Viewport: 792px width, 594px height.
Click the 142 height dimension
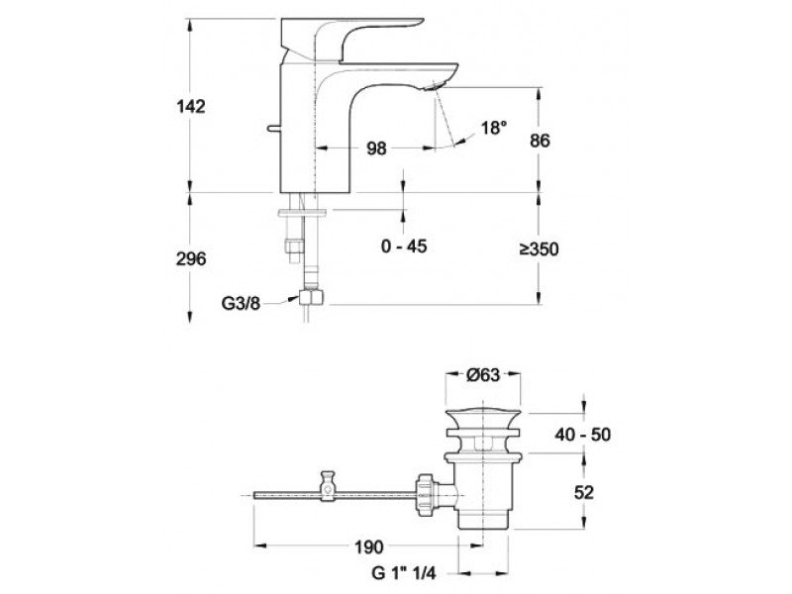click(x=191, y=107)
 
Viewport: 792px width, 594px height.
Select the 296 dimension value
click(x=191, y=258)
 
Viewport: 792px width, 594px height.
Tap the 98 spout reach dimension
click(x=376, y=148)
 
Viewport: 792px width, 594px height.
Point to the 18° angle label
click(x=493, y=128)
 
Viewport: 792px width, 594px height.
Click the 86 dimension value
click(x=540, y=141)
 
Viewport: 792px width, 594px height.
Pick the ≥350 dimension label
click(x=540, y=249)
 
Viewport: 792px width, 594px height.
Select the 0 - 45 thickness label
click(x=404, y=246)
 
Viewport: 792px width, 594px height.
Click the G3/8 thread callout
click(x=241, y=303)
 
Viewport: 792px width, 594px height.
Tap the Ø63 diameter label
click(x=482, y=375)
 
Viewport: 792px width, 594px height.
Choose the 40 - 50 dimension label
click(x=582, y=435)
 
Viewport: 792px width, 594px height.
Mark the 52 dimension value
click(x=583, y=492)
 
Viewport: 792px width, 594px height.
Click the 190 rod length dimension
click(x=368, y=546)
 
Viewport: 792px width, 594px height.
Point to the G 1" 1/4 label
click(x=403, y=573)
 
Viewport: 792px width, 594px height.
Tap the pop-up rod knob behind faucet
click(x=273, y=129)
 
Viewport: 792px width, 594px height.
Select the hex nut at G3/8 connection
click(x=311, y=297)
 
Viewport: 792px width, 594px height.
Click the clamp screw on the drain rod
click(x=328, y=485)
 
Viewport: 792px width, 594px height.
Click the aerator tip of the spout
click(x=434, y=86)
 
